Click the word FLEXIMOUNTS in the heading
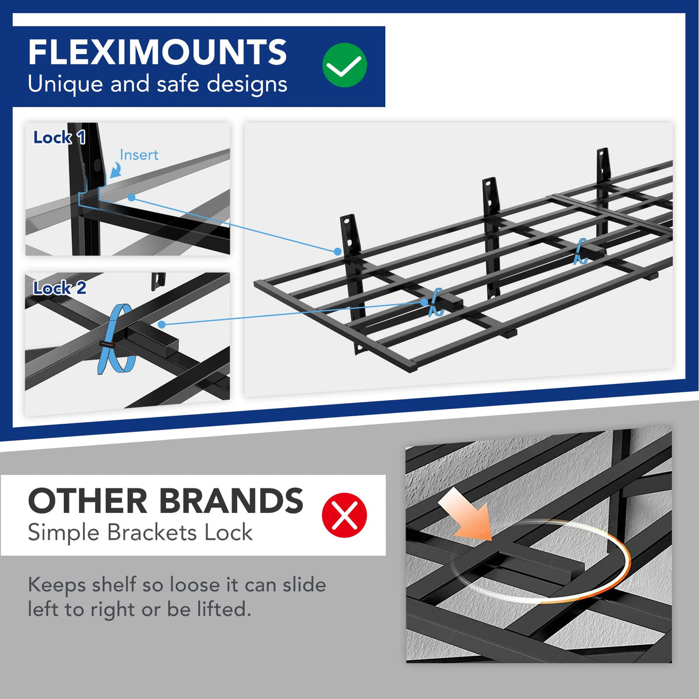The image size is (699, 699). coord(157,52)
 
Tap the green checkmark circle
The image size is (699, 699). coord(344,65)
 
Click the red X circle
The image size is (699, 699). coord(344,515)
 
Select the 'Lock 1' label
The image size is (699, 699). coord(59,138)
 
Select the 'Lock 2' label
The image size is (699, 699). coord(59,288)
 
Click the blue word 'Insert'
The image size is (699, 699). coord(139,155)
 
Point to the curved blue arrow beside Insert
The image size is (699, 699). coord(116,169)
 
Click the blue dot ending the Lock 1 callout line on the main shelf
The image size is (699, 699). coord(337,251)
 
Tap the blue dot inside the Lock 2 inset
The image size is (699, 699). coord(162,325)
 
